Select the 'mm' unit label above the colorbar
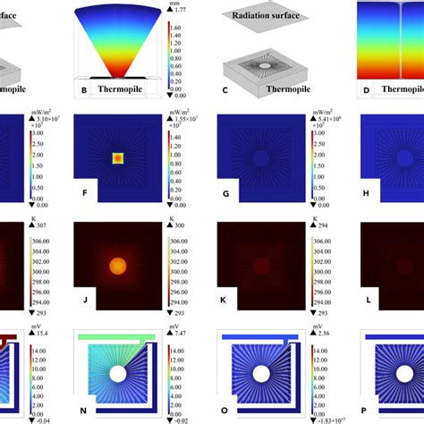click(177, 4)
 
